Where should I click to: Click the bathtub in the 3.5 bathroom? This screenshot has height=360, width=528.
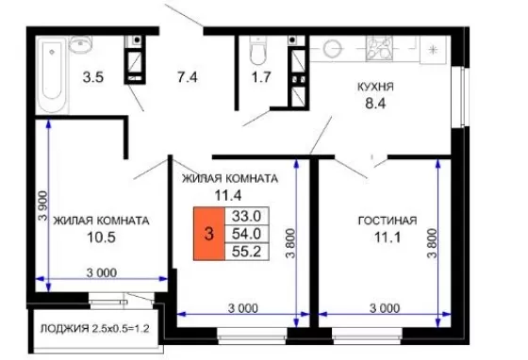pos(52,74)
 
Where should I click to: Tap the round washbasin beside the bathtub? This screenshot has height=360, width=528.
pos(80,43)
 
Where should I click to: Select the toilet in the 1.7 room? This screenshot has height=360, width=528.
pos(258,51)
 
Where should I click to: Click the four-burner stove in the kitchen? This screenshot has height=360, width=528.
pos(379,48)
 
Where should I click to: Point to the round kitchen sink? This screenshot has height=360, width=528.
pos(333,48)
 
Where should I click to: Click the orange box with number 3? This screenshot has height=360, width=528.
pos(208,234)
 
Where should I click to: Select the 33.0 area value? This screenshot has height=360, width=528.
pos(246,216)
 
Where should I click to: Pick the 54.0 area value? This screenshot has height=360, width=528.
pos(246,234)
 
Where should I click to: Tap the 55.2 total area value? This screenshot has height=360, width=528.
pos(246,252)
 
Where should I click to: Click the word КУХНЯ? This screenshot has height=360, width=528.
pos(375,87)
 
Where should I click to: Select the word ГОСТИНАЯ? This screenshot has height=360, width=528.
pos(388,221)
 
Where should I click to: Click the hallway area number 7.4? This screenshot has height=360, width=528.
pos(188,77)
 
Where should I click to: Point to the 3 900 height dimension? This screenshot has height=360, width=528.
pos(43,205)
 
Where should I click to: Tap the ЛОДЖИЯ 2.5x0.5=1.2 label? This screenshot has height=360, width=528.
pos(94,328)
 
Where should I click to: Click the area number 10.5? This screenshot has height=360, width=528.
pos(101,237)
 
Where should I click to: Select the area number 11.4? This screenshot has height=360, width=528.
pos(228,195)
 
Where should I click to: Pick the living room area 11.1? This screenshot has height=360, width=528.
pos(388,237)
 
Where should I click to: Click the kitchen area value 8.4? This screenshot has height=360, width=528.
pos(375,104)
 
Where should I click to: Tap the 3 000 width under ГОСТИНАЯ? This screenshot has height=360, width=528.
pos(385,308)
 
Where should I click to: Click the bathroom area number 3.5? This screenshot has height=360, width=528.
pos(93,77)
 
